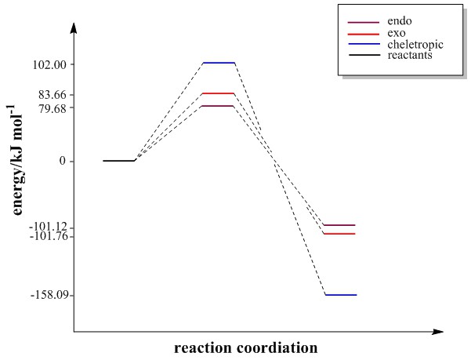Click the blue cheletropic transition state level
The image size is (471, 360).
point(219,63)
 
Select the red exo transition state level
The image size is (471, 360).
point(219,93)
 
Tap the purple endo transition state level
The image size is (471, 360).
point(219,106)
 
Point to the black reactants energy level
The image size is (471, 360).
point(119,161)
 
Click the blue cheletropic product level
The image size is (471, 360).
point(340,295)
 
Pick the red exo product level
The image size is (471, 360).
point(339,234)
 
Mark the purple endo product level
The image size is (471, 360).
point(339,225)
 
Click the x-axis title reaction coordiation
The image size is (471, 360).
point(245,347)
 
